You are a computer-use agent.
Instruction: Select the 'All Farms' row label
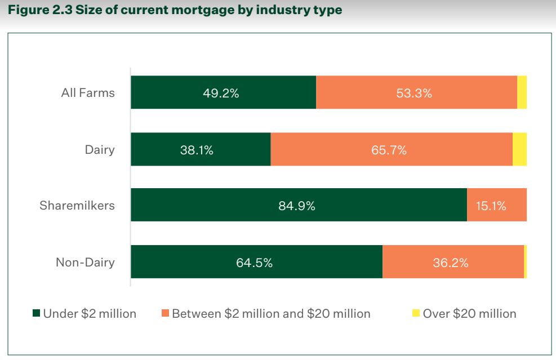88,93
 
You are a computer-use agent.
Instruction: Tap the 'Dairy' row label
100,149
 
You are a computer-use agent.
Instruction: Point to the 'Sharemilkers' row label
77,205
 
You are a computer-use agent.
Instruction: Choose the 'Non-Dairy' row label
85,262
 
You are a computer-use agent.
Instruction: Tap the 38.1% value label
197,150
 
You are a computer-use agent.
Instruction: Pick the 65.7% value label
389,150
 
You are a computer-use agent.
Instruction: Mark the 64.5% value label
255,263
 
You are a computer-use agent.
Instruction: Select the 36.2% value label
451,263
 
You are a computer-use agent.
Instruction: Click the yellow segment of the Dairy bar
519,149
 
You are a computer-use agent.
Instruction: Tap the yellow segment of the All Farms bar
522,92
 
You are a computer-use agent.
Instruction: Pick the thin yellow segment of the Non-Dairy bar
525,261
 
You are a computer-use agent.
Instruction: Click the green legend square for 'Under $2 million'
37,314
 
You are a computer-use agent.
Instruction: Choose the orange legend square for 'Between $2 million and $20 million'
166,314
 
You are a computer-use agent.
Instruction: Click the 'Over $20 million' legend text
469,314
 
